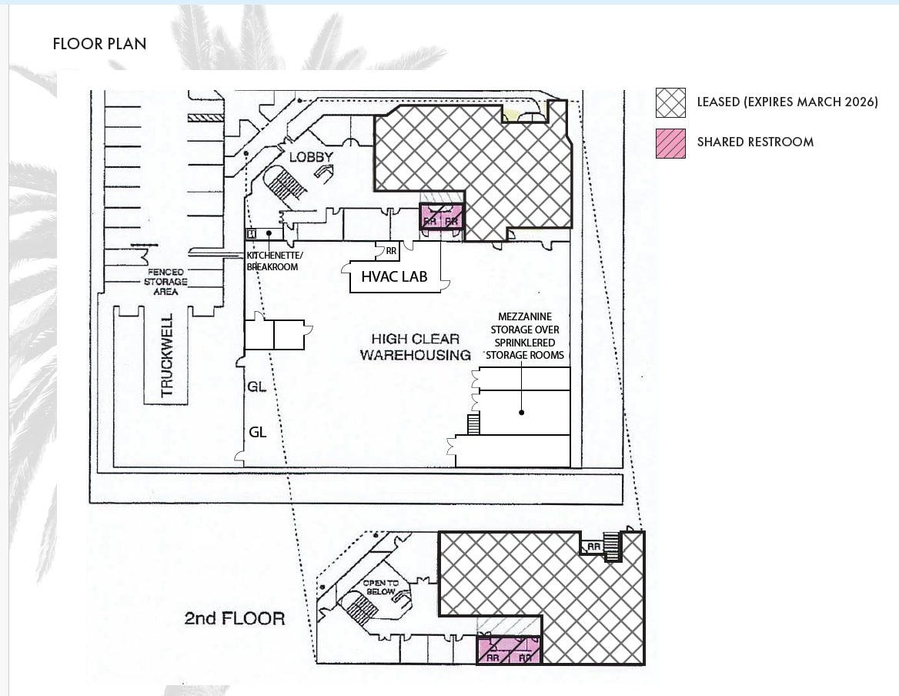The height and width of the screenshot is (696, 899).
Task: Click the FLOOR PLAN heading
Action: point(99,44)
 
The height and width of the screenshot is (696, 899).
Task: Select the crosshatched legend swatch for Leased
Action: point(670,102)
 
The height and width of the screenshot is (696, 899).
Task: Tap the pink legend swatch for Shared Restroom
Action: point(670,143)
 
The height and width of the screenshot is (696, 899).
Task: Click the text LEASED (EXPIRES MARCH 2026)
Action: point(787,102)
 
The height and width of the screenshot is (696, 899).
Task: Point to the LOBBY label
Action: point(311,157)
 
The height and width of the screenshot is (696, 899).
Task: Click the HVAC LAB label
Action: point(394,276)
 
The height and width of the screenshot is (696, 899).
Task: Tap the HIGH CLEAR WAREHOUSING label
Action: point(415,347)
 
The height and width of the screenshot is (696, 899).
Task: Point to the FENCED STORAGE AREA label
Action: point(165,282)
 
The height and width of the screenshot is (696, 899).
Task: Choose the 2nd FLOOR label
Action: point(234,618)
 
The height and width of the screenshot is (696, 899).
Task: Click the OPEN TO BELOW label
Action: point(381,587)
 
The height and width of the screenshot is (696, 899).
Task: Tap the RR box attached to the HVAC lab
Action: point(391,251)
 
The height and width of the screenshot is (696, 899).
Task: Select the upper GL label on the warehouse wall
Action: point(257,386)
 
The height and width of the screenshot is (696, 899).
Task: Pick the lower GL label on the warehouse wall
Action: point(257,433)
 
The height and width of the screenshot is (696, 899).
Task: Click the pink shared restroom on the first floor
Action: point(442,216)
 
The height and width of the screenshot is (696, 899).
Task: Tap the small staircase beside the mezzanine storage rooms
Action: point(473,423)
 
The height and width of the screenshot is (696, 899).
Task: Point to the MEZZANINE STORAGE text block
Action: point(524,336)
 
